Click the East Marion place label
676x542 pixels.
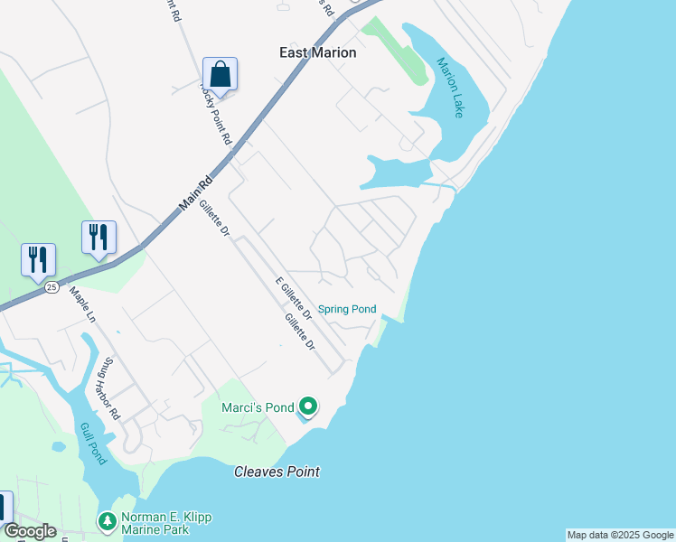point(317,52)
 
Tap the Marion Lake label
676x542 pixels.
point(450,88)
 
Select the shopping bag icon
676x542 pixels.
point(220,73)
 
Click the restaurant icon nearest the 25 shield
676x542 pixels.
point(38,259)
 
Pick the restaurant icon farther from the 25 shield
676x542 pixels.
point(99,237)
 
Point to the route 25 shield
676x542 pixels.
point(52,286)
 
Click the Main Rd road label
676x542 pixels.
point(195,192)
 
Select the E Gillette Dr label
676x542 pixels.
point(293,300)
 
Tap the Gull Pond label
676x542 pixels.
point(93,444)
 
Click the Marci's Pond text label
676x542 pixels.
point(258,408)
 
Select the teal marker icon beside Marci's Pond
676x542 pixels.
point(308,407)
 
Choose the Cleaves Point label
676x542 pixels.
point(277,472)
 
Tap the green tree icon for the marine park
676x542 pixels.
point(108,521)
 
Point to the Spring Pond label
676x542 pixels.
point(347,309)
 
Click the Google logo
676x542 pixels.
point(29,531)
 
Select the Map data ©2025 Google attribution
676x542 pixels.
point(620,535)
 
